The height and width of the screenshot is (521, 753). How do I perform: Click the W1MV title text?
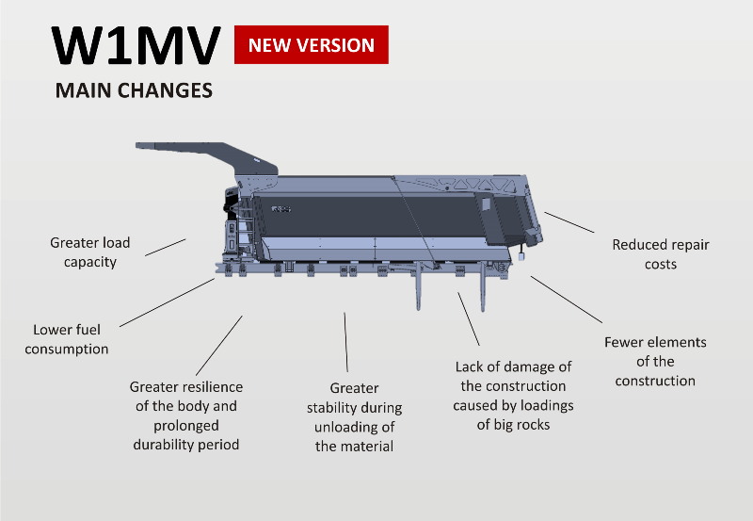[136, 45]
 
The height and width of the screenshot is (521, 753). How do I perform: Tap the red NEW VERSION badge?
[312, 44]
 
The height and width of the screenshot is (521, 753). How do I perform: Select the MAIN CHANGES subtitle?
[134, 90]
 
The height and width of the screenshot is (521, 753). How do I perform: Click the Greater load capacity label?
[90, 252]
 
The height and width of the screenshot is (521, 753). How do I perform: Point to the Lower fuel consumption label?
[67, 339]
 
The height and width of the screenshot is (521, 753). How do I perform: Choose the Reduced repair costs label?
[661, 254]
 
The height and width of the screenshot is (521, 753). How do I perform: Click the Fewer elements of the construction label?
[655, 362]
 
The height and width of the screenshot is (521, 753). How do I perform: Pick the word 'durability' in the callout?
[161, 445]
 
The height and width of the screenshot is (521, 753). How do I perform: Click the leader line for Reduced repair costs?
[569, 222]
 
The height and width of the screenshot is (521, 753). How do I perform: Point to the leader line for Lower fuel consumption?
[168, 302]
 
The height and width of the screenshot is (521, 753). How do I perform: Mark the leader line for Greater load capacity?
[166, 247]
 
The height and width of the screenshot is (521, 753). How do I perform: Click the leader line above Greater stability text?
[345, 342]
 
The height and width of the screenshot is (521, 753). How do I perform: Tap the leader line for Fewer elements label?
[567, 300]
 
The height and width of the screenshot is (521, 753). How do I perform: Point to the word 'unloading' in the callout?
[355, 428]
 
